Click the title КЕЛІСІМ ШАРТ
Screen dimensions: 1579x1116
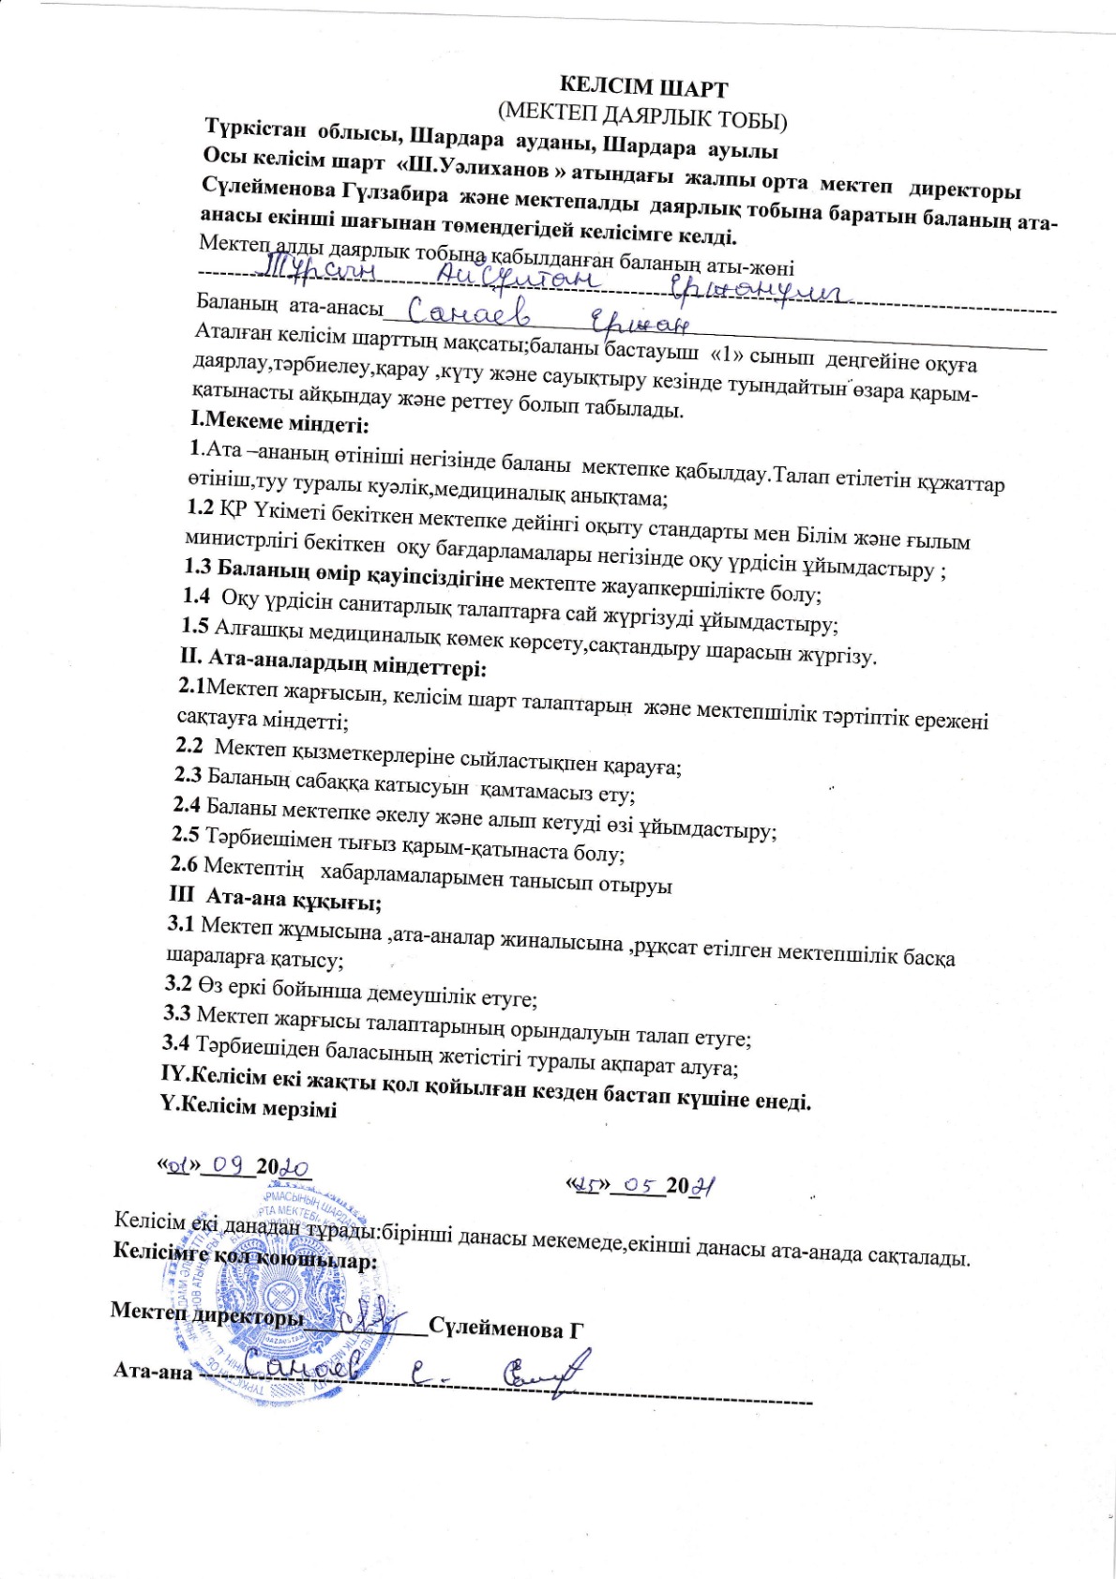(642, 88)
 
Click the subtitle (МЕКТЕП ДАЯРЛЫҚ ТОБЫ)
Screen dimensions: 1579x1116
(643, 115)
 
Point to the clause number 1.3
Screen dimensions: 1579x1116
(199, 567)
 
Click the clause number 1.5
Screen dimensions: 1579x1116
(195, 626)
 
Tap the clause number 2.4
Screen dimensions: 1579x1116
(187, 804)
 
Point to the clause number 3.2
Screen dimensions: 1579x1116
(177, 984)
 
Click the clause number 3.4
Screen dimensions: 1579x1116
(175, 1041)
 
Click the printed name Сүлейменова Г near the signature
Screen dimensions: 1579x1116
(506, 1328)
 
